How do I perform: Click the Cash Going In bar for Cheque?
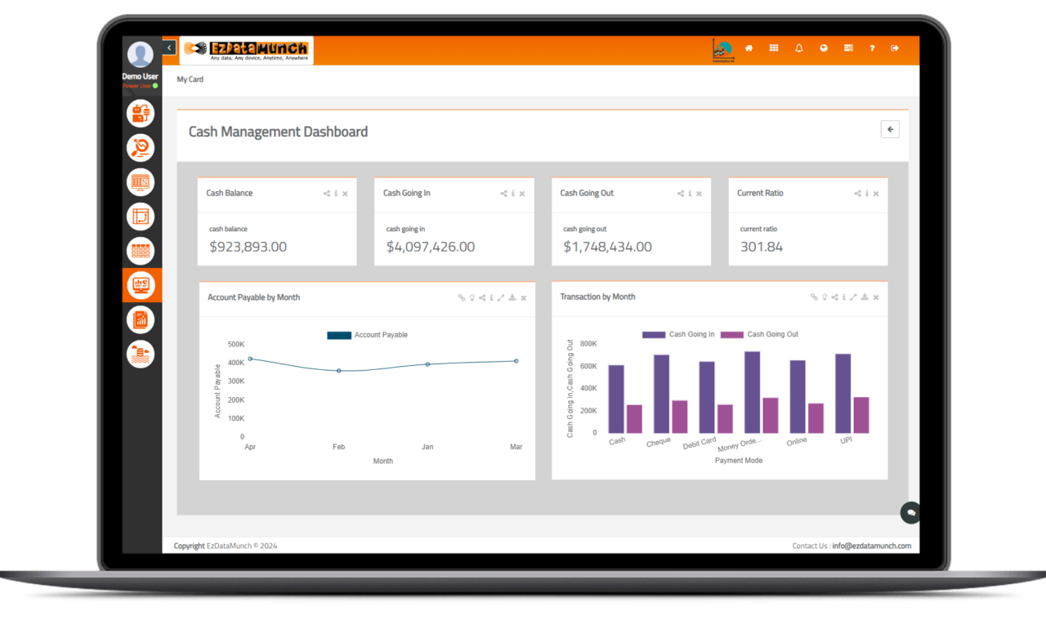661,394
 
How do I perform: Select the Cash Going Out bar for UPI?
860,415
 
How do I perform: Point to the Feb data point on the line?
339,371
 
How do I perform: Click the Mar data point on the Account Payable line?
516,361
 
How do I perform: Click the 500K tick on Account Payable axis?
236,344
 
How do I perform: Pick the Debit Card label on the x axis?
700,443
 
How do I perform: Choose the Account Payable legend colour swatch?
339,335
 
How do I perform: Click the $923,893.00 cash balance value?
248,247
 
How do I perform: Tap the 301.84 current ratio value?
761,247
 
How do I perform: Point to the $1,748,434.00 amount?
607,247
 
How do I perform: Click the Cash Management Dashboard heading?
278,132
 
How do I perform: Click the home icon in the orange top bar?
749,48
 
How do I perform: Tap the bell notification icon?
798,48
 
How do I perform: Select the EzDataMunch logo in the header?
246,50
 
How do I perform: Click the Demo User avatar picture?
141,55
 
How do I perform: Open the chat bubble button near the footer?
910,512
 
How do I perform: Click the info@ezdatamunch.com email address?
871,546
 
